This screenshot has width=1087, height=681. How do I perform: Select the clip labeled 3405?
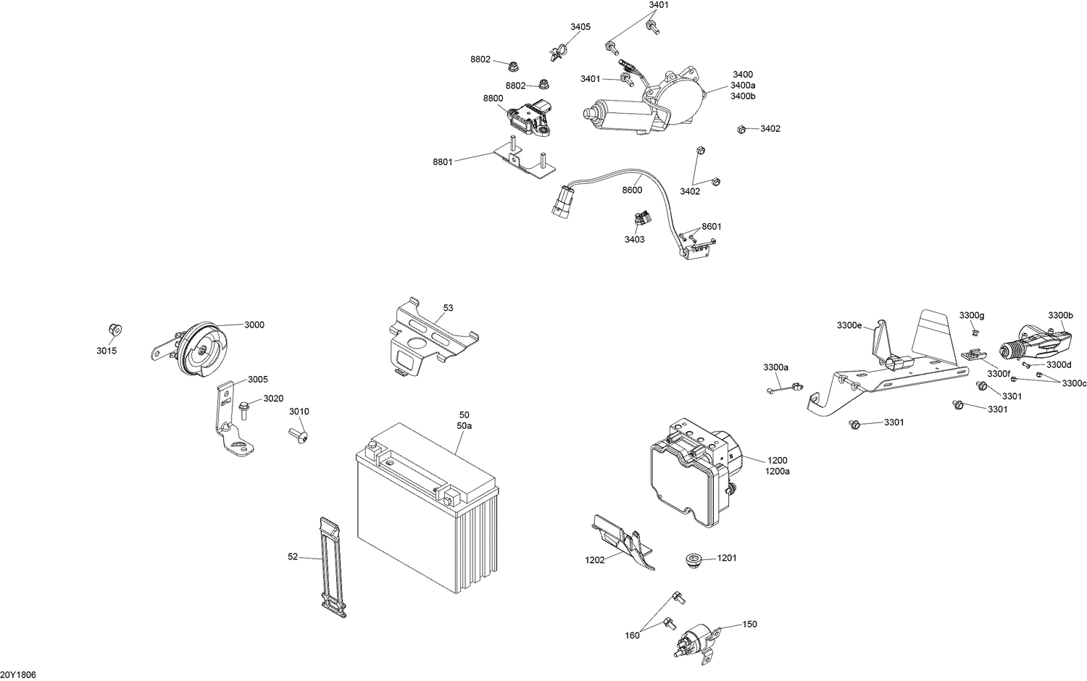[x=557, y=52]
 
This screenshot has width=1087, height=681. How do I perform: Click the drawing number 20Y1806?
[x=18, y=674]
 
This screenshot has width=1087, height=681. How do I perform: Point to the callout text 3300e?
[x=849, y=325]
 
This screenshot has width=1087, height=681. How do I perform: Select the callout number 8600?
[x=632, y=190]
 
